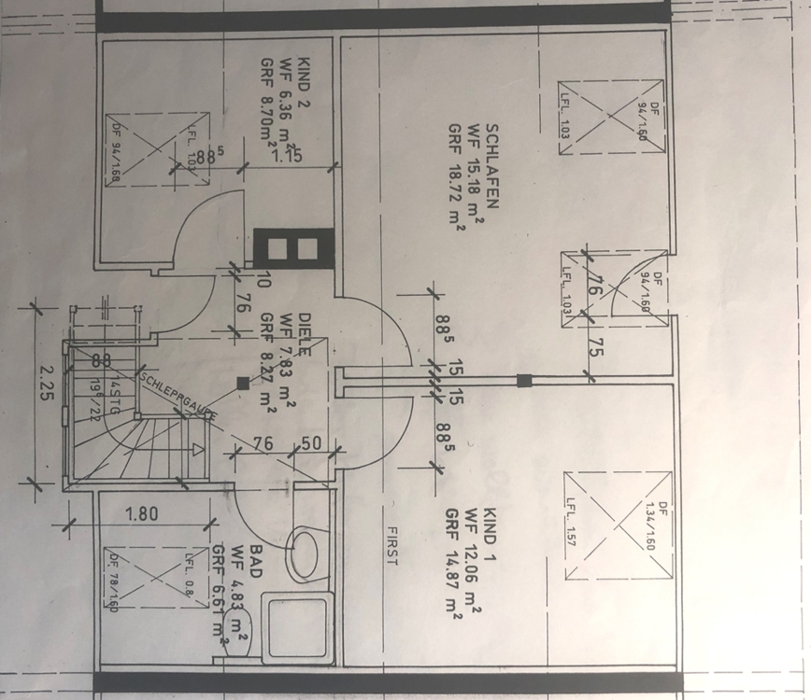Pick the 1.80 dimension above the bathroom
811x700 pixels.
[141, 513]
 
